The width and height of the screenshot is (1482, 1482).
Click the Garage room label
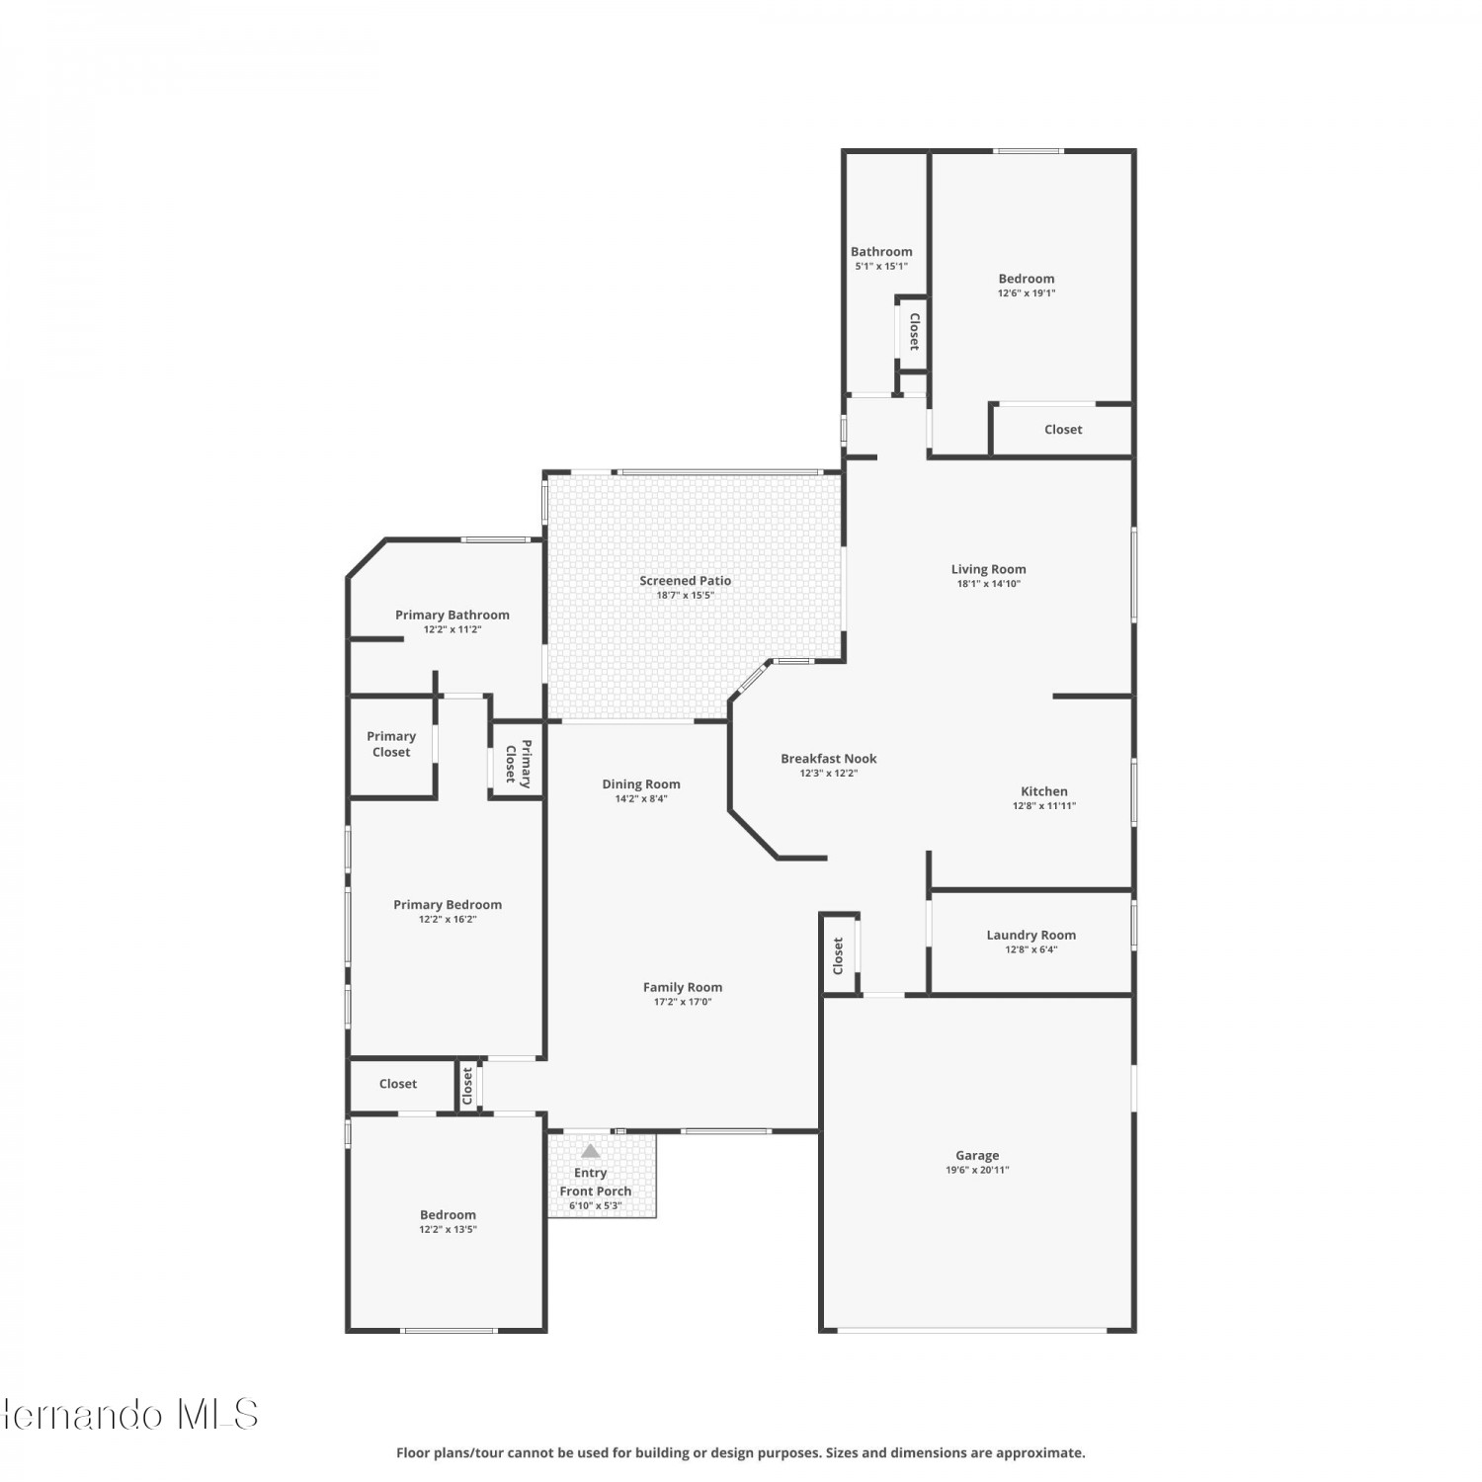click(x=977, y=1155)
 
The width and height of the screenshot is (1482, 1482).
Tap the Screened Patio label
click(x=686, y=581)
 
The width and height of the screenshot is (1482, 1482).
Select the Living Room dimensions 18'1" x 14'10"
click(x=989, y=584)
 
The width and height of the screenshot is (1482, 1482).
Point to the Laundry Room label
click(x=1031, y=935)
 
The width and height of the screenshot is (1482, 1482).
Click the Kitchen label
click(x=1044, y=791)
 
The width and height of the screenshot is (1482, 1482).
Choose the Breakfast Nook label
click(x=829, y=759)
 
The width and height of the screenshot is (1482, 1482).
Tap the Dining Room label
click(x=641, y=784)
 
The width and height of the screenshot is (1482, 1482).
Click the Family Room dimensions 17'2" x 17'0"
click(x=683, y=1002)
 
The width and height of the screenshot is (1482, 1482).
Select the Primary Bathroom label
click(x=453, y=615)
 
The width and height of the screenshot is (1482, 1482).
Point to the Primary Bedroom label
click(x=448, y=905)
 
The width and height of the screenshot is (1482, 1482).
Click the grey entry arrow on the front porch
click(x=591, y=1151)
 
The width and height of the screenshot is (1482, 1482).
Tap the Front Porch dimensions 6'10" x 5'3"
click(x=595, y=1205)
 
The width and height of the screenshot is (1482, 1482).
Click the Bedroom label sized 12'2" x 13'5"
click(x=448, y=1215)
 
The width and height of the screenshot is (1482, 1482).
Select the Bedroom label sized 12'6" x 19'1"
click(x=1027, y=279)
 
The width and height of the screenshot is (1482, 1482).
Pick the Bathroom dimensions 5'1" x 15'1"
click(x=881, y=267)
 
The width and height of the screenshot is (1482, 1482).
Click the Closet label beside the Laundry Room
click(x=838, y=956)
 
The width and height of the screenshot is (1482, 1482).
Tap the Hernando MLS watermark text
click(x=129, y=1414)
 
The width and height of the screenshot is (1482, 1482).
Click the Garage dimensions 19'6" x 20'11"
click(x=977, y=1170)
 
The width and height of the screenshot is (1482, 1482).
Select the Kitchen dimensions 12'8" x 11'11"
click(x=1044, y=806)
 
